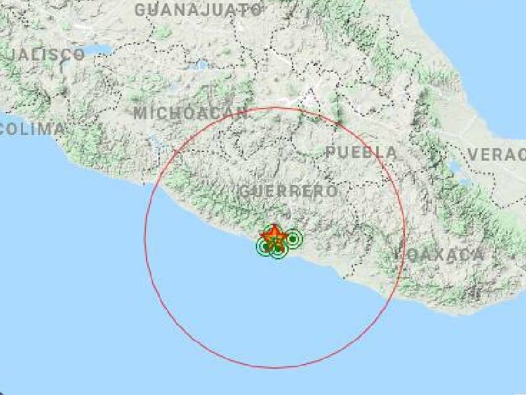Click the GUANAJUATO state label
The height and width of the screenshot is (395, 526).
coord(199,10)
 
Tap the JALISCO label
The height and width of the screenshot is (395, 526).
coord(43,55)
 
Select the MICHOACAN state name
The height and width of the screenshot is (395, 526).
coord(191,113)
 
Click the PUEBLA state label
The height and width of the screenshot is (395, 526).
coord(362,153)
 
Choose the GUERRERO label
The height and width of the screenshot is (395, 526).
coord(289,192)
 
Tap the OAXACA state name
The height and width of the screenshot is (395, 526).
coord(447,255)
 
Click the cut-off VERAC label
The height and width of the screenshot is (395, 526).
coord(496,155)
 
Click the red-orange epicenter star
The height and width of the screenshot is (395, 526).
coord(273,235)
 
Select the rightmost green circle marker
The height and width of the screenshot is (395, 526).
coord(292,238)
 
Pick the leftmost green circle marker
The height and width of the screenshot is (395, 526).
coord(264,247)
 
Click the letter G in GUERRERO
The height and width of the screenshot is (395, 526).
coord(245,192)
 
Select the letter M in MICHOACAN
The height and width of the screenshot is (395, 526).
coord(139,113)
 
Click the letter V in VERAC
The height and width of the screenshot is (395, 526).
coord(473,155)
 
